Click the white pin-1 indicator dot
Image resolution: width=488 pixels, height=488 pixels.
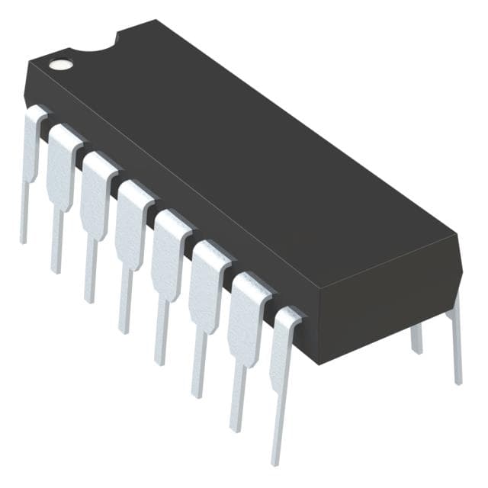60,63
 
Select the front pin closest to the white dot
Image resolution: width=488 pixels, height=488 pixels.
32,152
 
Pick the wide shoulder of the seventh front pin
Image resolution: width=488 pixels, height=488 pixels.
249,305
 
